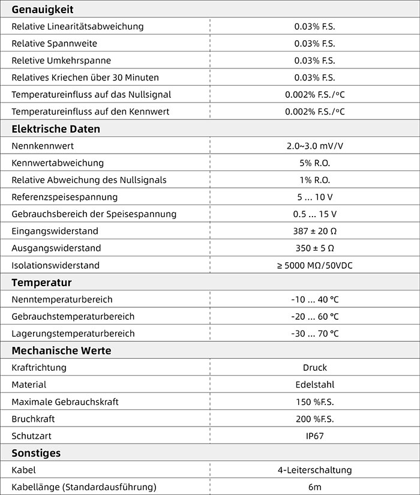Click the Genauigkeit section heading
pos(43,9)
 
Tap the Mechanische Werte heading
pos(61,350)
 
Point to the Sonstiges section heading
pos(36,453)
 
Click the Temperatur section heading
pos(41,282)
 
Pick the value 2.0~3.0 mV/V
pos(314,146)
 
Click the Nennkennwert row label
pos(43,146)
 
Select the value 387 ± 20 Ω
pos(314,231)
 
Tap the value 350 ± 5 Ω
pos(314,248)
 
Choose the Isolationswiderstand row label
pos(55,265)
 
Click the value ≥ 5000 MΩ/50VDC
pos(314,265)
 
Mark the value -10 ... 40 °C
pos(314,299)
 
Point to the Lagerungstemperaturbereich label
pos(73,334)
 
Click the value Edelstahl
pos(314,385)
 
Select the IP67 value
pos(314,436)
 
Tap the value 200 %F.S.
pos(314,419)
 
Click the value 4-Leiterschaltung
pos(314,470)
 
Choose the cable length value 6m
pos(314,487)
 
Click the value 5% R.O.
pos(314,163)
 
